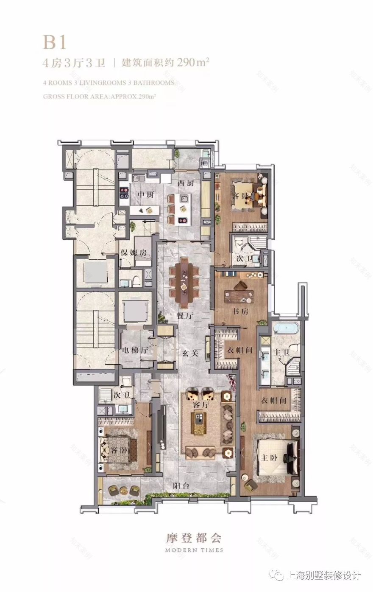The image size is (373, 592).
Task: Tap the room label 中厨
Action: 145,195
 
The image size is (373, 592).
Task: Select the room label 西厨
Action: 186,184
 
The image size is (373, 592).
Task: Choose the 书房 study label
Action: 240,311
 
